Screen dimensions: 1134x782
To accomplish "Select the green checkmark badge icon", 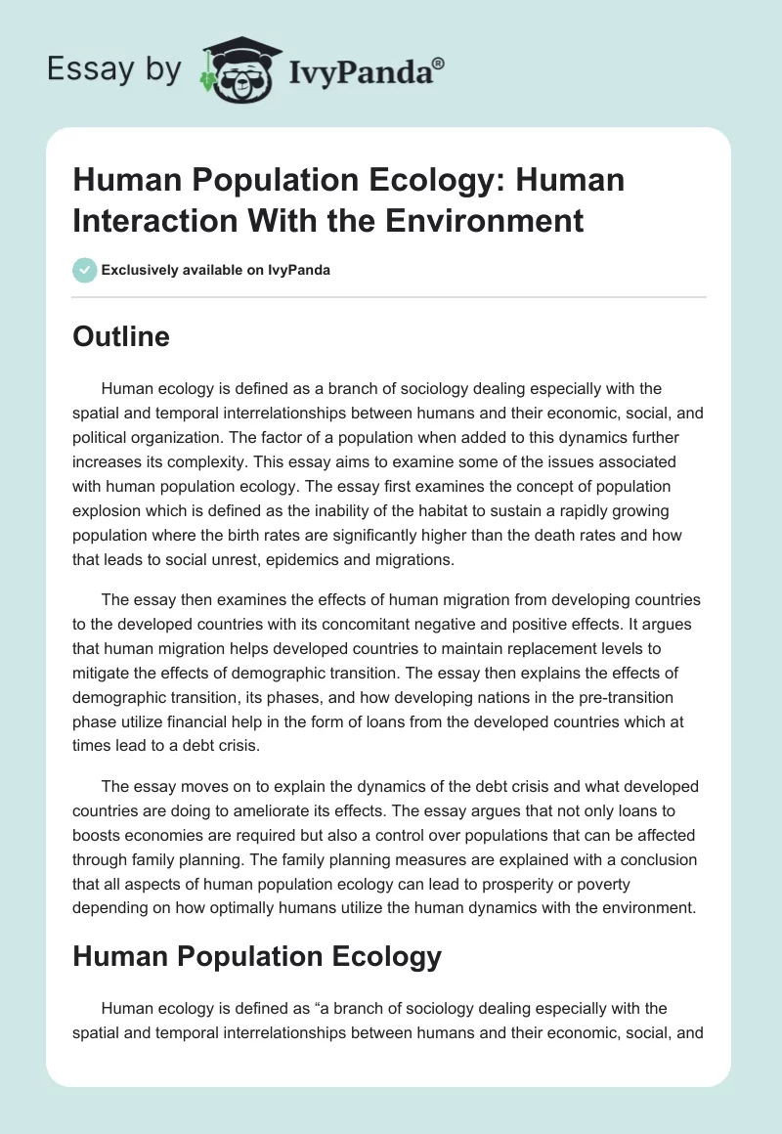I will point(85,270).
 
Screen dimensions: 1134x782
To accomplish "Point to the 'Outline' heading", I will point(121,336).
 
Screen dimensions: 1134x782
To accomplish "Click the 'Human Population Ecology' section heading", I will point(257,956).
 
